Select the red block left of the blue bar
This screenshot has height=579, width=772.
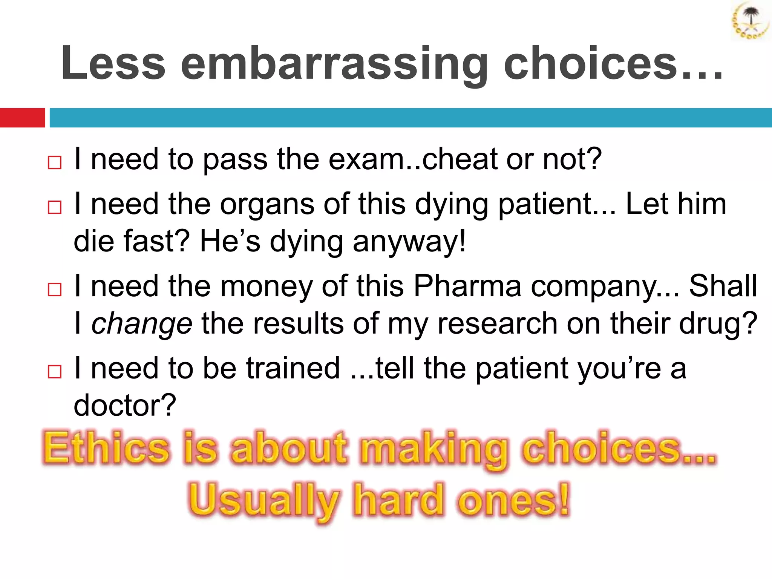tap(22, 118)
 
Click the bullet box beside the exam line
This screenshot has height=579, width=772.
tap(55, 163)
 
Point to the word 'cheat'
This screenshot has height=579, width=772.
tap(460, 159)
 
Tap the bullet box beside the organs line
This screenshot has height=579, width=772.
tap(55, 207)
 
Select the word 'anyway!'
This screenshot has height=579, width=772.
tap(409, 242)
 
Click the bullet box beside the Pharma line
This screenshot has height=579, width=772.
tap(55, 289)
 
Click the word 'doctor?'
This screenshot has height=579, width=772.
tap(125, 406)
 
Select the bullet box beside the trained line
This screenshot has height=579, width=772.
tap(55, 372)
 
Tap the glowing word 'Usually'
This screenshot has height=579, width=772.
tap(264, 500)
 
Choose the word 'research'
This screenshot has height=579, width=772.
tap(498, 323)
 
